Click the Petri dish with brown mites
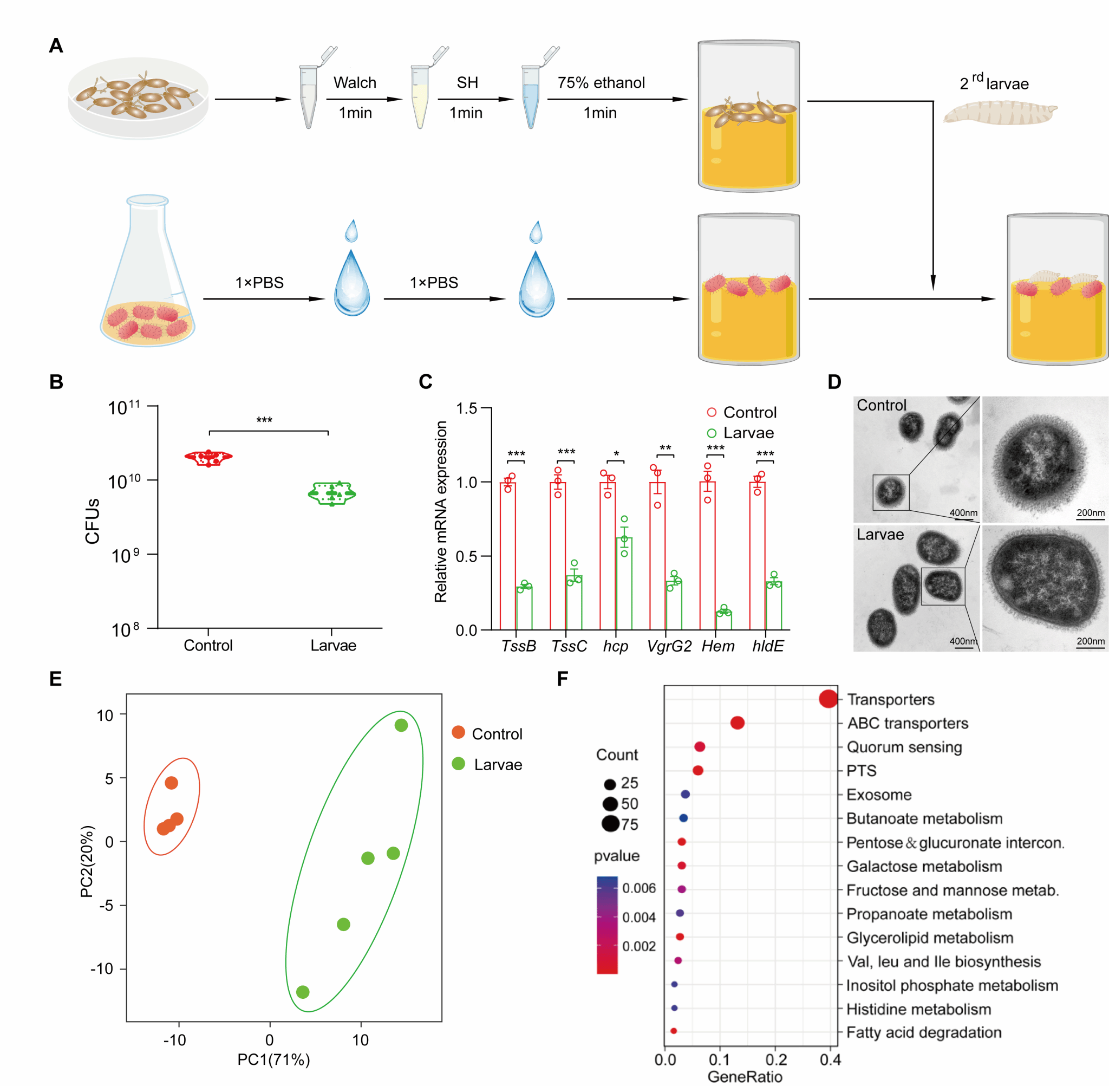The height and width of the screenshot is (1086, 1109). coord(138,97)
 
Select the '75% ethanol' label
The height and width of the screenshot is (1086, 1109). coord(601,83)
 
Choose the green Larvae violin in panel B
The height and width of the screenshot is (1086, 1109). coord(332,493)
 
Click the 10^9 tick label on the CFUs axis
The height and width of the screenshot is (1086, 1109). coord(125,555)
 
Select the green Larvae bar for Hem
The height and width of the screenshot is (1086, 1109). coord(723,620)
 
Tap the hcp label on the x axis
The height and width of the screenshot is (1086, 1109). coord(615,646)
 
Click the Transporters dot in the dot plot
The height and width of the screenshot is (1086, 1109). coord(828,699)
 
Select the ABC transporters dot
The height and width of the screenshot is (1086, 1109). coord(737,723)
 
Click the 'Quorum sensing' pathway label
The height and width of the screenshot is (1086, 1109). coord(904,747)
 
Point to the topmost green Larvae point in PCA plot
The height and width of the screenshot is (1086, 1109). coord(401,725)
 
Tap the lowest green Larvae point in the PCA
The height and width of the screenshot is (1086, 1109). coord(303,992)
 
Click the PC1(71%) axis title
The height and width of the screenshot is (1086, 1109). coord(273,1060)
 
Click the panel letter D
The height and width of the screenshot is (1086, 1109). coord(834,382)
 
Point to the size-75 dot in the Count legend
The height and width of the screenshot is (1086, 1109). coord(610,824)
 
